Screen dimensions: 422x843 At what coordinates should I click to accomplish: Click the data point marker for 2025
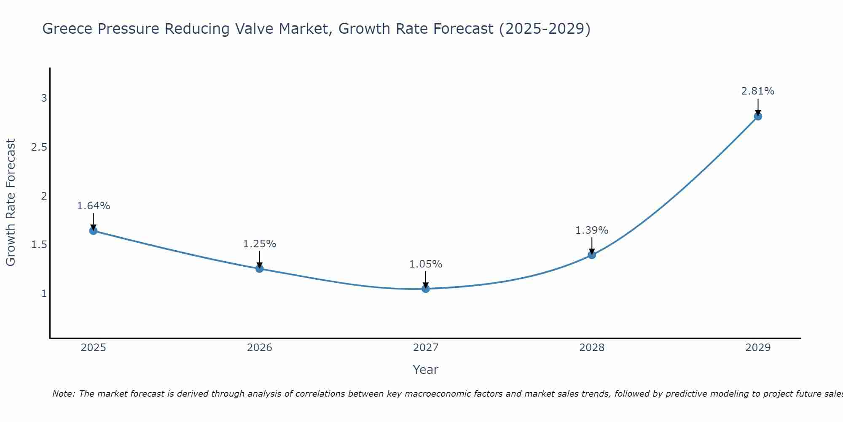94,231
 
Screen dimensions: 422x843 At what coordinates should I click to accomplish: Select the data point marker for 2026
260,269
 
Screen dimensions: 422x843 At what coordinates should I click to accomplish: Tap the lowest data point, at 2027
426,289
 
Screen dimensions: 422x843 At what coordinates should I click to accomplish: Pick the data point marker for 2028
592,255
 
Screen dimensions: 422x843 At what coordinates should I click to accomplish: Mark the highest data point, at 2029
758,116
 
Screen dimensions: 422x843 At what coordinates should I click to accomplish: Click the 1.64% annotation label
94,206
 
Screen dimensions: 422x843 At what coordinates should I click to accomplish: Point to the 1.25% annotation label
260,244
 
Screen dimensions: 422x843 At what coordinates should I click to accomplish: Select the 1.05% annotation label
426,264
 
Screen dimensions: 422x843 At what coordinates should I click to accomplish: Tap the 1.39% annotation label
592,230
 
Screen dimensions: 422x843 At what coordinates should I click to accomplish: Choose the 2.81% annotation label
758,91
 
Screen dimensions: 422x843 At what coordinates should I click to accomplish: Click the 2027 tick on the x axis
426,348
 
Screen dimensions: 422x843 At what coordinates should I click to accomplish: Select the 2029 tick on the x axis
758,348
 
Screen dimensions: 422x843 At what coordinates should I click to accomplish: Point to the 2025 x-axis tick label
94,348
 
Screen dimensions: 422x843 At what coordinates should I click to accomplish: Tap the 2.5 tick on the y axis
39,147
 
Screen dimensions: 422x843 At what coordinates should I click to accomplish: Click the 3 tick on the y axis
44,98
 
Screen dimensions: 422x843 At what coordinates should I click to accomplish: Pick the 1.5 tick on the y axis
39,245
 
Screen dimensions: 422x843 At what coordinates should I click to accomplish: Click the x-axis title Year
426,370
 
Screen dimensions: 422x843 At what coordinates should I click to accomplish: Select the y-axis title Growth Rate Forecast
11,203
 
